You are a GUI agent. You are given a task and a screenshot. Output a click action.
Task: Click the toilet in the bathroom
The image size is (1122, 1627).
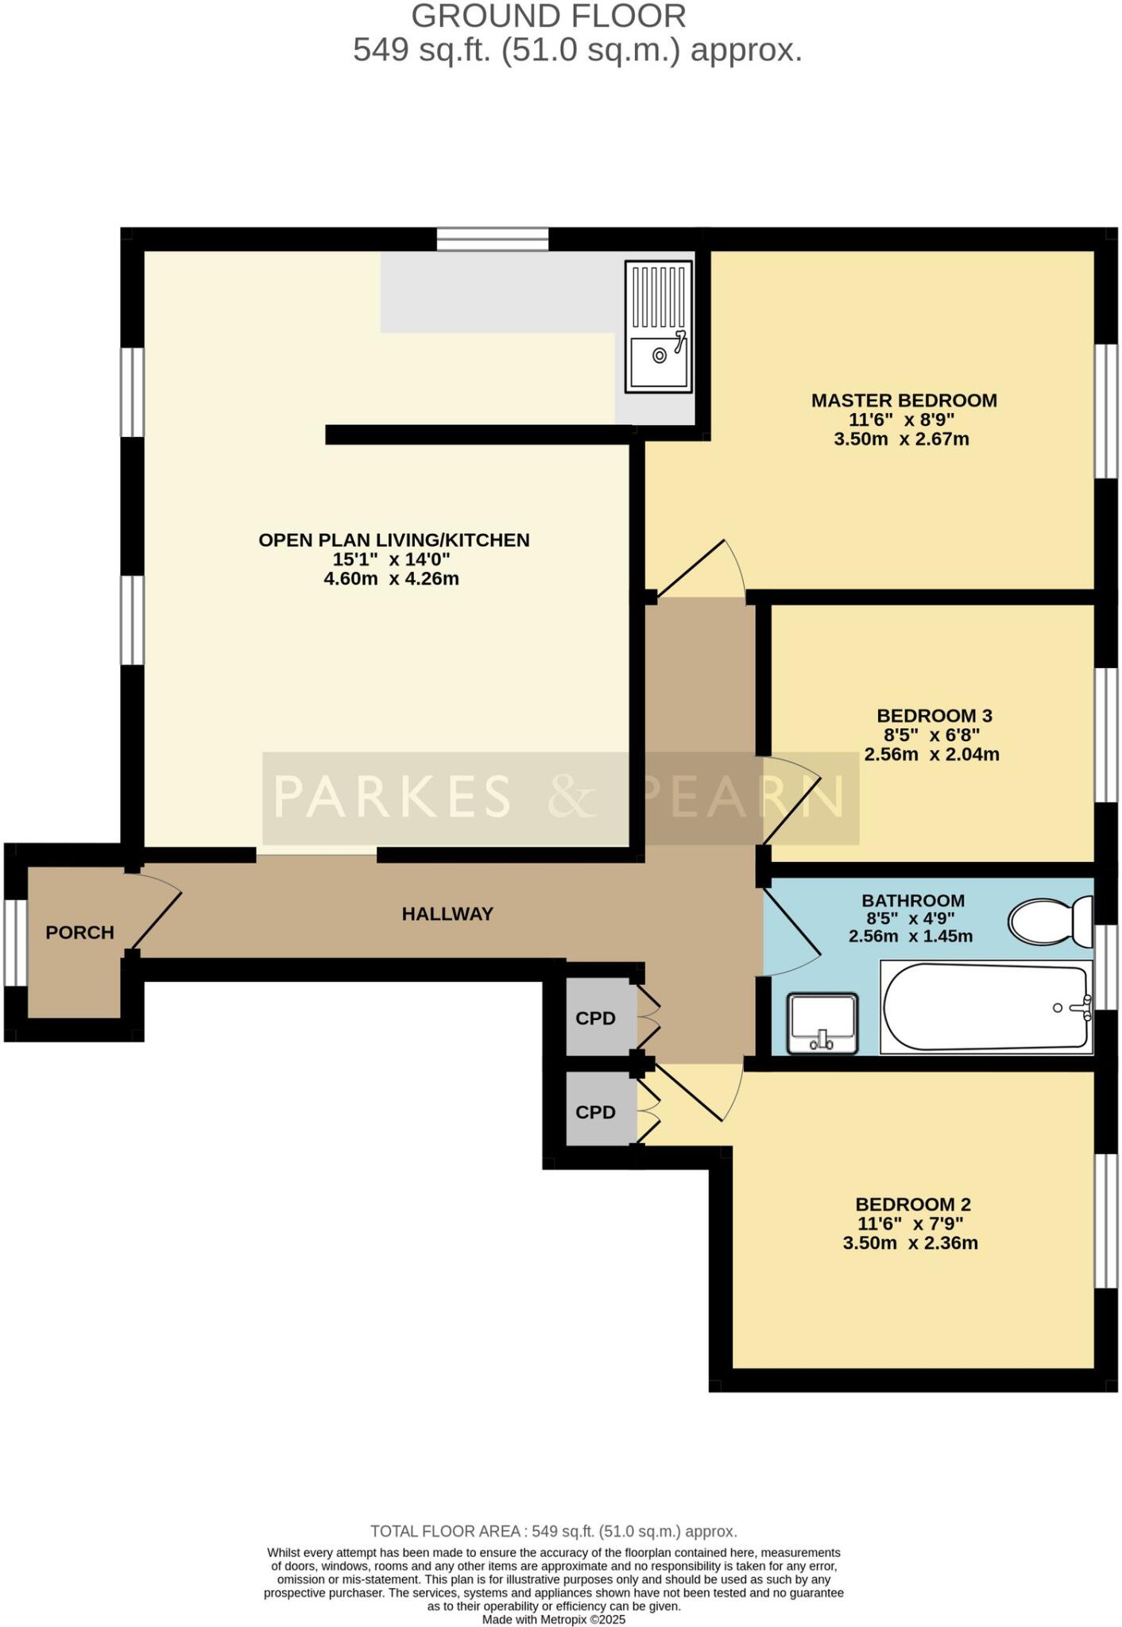(x=1050, y=922)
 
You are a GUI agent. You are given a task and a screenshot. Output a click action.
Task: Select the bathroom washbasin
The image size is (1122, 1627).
(x=822, y=1022)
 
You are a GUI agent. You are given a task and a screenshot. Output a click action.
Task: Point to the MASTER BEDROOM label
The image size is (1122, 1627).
(x=903, y=400)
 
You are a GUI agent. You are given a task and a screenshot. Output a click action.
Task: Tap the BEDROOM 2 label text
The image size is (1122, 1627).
(x=913, y=1204)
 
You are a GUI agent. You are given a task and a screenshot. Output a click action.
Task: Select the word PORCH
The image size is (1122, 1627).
(x=79, y=933)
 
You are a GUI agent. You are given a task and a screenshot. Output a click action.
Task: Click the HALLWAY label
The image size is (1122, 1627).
(x=447, y=914)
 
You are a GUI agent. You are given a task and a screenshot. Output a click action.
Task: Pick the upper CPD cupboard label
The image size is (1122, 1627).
(x=595, y=1018)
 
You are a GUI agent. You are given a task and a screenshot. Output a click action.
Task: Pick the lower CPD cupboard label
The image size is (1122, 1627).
(x=595, y=1112)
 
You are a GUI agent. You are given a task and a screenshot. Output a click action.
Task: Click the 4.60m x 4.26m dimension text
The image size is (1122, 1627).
(x=391, y=579)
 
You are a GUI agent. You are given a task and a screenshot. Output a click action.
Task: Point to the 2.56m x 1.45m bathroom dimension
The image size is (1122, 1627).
(x=911, y=937)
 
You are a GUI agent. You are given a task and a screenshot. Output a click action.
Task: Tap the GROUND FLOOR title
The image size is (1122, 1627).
(x=548, y=16)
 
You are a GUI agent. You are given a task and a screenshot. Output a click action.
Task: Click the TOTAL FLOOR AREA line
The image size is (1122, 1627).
(x=554, y=1531)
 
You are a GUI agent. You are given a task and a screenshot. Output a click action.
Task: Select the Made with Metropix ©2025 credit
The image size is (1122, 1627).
(x=554, y=1619)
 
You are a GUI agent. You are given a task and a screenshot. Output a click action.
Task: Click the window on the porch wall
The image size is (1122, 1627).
(x=15, y=942)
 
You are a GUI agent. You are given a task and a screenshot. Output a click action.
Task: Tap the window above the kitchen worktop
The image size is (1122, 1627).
(x=492, y=239)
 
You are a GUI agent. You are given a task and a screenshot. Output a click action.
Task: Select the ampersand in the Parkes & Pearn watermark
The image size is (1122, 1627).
(x=572, y=797)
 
